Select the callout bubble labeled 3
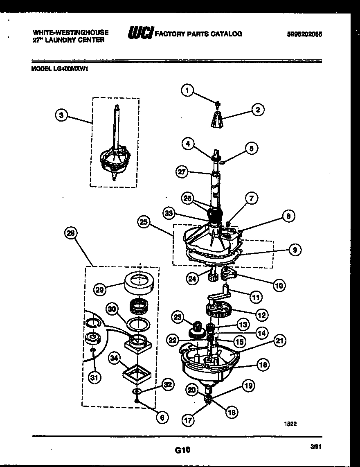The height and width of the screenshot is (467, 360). (x=61, y=115)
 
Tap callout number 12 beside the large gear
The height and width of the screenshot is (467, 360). (x=261, y=315)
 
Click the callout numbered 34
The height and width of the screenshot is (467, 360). (x=115, y=359)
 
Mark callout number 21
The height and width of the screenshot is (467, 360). (x=280, y=341)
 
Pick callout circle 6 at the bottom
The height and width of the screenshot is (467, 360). (x=162, y=417)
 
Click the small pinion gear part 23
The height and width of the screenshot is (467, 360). (x=198, y=329)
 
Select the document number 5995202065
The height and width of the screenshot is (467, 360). (x=304, y=34)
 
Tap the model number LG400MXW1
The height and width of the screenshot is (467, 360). (x=60, y=69)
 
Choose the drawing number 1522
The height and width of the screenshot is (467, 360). (x=290, y=424)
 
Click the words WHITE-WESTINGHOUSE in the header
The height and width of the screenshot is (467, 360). (x=70, y=32)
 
